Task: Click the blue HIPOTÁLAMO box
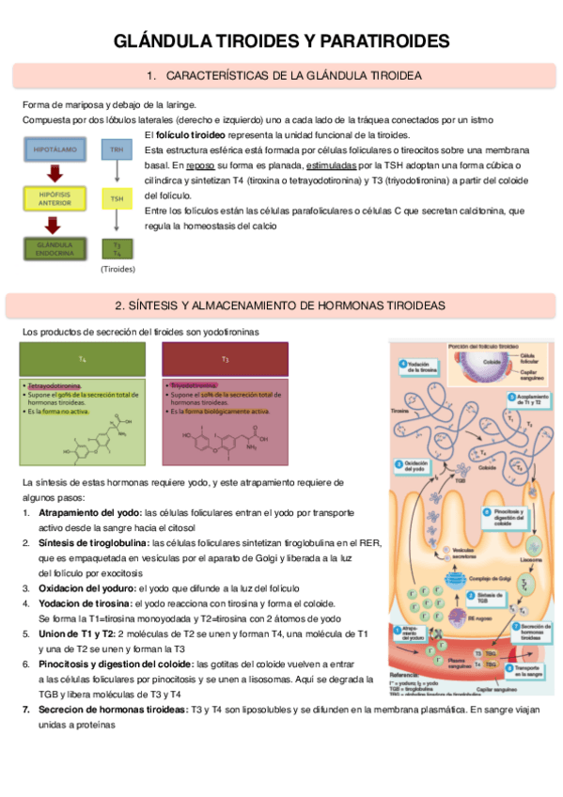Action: [54, 149]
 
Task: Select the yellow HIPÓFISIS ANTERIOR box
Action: [54, 198]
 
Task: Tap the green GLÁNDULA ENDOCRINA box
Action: [54, 248]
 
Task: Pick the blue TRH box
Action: [117, 149]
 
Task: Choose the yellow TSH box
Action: [117, 198]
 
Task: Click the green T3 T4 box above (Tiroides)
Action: [117, 248]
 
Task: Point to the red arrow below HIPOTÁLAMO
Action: [54, 174]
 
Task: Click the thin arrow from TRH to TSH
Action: [117, 174]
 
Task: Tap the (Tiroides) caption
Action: [117, 269]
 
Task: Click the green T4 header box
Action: [83, 359]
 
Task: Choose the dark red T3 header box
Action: [225, 359]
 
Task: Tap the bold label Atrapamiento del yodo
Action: [89, 513]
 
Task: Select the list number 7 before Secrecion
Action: [25, 709]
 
